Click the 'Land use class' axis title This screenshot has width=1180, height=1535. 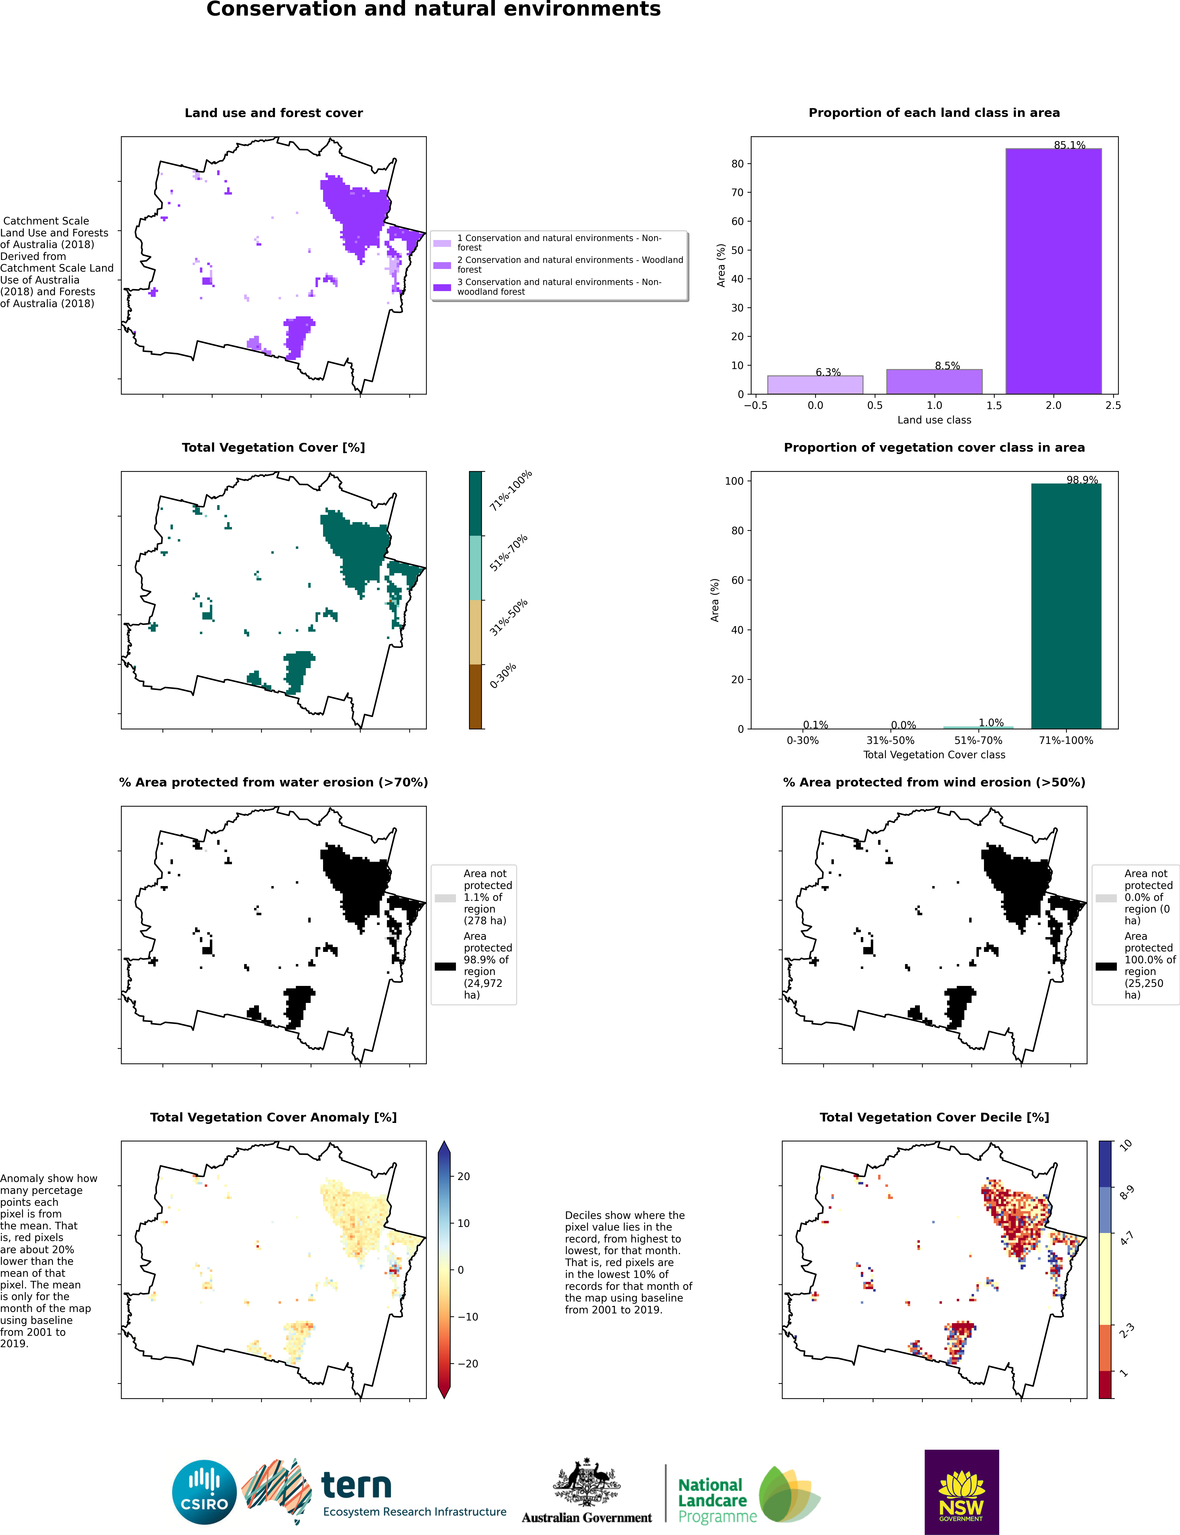point(934,420)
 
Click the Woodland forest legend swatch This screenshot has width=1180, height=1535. point(442,266)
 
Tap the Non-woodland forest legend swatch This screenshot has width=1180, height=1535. point(442,287)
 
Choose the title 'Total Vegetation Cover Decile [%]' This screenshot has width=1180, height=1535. point(934,1117)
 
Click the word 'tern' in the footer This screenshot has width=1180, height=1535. point(356,1486)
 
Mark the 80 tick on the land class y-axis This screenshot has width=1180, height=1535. point(737,164)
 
